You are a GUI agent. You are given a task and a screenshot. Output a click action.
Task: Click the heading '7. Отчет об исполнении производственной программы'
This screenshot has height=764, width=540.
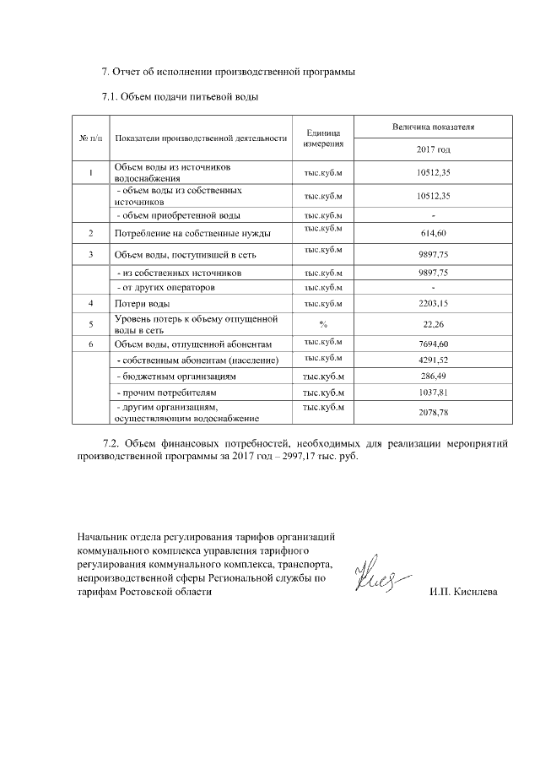(x=228, y=71)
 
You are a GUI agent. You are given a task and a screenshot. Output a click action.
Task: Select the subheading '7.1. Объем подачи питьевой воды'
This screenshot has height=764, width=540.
(x=179, y=97)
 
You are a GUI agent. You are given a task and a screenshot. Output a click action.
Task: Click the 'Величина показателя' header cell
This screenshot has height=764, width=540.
(x=433, y=127)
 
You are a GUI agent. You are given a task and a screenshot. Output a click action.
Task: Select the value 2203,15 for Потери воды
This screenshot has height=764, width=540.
(x=433, y=302)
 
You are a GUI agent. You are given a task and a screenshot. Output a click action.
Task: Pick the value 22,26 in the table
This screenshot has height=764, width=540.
(x=433, y=323)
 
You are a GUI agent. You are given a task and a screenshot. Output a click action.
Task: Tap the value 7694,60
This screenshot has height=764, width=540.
(x=433, y=344)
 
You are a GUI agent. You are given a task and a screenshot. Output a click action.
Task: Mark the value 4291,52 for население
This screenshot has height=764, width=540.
(x=433, y=360)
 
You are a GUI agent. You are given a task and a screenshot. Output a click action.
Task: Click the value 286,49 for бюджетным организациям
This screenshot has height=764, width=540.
(x=433, y=377)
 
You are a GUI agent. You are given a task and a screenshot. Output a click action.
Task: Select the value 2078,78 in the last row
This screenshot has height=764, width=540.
(x=433, y=412)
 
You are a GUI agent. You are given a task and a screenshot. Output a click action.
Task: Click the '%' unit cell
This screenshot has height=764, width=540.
(x=322, y=323)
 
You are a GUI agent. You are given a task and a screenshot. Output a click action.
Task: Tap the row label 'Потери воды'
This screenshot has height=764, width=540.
(x=143, y=302)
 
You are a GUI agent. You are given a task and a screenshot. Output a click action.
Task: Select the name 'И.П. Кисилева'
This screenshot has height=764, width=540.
(x=463, y=592)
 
